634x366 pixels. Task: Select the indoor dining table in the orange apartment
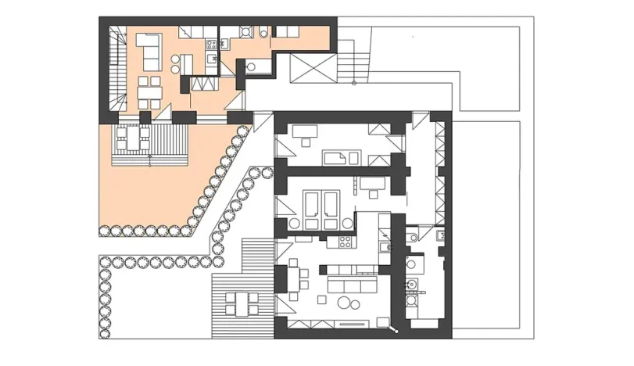click(150, 92)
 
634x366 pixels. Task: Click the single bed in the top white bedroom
click(342, 157)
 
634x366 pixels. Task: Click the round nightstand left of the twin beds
click(294, 223)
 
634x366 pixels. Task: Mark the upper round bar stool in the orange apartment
click(175, 58)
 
